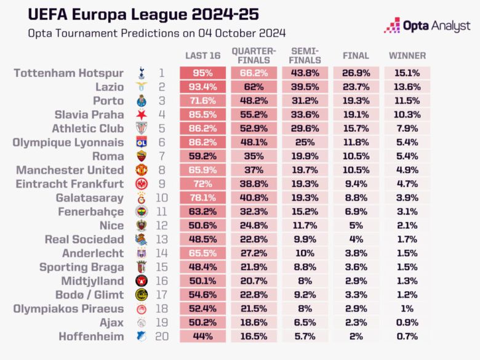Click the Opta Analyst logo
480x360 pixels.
pyautogui.click(x=426, y=25)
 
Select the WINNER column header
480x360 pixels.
pyautogui.click(x=407, y=56)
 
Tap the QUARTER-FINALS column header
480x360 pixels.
pyautogui.click(x=254, y=56)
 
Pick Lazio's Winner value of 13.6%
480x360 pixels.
pyautogui.click(x=407, y=87)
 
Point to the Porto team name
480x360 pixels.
pyautogui.click(x=108, y=100)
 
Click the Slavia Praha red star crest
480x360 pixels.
pyautogui.click(x=140, y=114)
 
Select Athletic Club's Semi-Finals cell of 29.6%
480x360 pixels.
pyautogui.click(x=305, y=128)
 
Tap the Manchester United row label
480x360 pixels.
pyautogui.click(x=70, y=169)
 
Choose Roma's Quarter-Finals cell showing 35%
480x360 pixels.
pyautogui.click(x=254, y=156)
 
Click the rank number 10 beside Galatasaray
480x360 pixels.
pyautogui.click(x=161, y=197)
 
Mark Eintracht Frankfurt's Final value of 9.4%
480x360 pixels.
pyautogui.click(x=356, y=183)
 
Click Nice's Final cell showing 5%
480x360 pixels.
pyautogui.click(x=356, y=225)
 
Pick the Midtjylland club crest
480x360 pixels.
pyautogui.click(x=140, y=281)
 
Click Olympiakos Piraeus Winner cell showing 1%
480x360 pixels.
pyautogui.click(x=407, y=308)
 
